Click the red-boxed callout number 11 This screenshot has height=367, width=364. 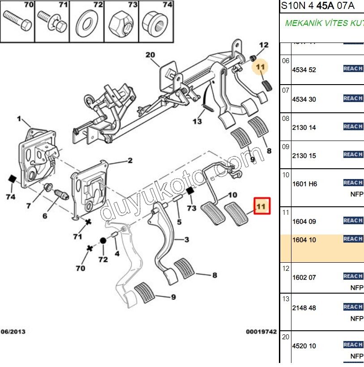[261, 206]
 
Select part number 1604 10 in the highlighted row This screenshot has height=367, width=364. [304, 240]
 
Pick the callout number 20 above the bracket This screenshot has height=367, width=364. [150, 55]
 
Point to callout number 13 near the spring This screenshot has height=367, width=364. [197, 121]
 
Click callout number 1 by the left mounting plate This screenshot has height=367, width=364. [19, 119]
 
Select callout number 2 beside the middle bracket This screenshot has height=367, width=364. [130, 161]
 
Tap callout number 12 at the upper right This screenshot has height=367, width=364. [264, 45]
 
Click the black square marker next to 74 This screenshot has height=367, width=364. [12, 180]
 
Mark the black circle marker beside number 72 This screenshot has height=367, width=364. [103, 241]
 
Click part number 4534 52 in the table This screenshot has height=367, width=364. [304, 70]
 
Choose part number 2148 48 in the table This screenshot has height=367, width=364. [304, 308]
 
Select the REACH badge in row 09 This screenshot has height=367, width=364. [353, 154]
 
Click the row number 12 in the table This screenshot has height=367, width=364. [286, 269]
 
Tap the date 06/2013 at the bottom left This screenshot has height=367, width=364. [13, 332]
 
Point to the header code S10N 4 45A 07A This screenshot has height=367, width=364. [317, 6]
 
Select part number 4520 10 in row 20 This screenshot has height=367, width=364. [304, 346]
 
